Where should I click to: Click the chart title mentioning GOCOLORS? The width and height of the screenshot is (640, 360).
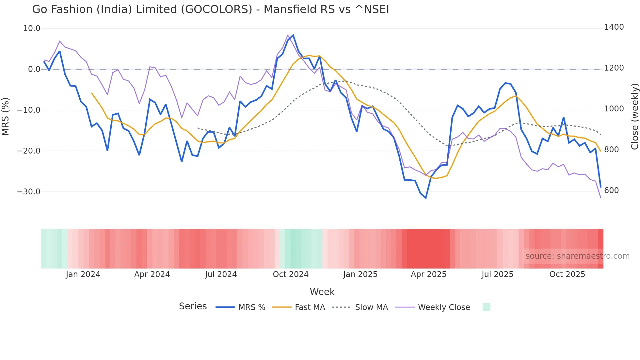point(210,9)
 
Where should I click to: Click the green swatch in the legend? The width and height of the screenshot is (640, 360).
point(486,307)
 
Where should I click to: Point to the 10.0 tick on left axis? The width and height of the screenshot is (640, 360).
point(32,28)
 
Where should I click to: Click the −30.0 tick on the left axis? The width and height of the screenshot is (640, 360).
point(29,192)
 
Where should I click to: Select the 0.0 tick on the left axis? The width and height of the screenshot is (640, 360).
point(34,69)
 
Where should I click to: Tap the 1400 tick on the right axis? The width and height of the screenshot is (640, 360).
point(614,27)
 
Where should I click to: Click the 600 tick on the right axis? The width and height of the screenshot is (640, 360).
point(611,190)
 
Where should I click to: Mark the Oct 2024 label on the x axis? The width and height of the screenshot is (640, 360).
point(291,274)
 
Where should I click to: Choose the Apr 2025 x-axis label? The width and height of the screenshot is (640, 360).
point(428,274)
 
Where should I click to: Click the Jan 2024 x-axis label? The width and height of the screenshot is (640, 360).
point(83,274)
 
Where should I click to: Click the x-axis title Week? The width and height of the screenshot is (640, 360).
point(322,292)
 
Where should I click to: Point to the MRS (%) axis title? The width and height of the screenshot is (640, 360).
point(6,116)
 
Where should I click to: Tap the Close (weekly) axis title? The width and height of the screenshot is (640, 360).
point(634,116)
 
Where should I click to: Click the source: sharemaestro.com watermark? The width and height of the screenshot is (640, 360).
point(577,256)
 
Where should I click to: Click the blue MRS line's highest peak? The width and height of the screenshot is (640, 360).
point(293,35)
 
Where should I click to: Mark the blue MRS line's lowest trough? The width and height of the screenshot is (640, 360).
point(426,198)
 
